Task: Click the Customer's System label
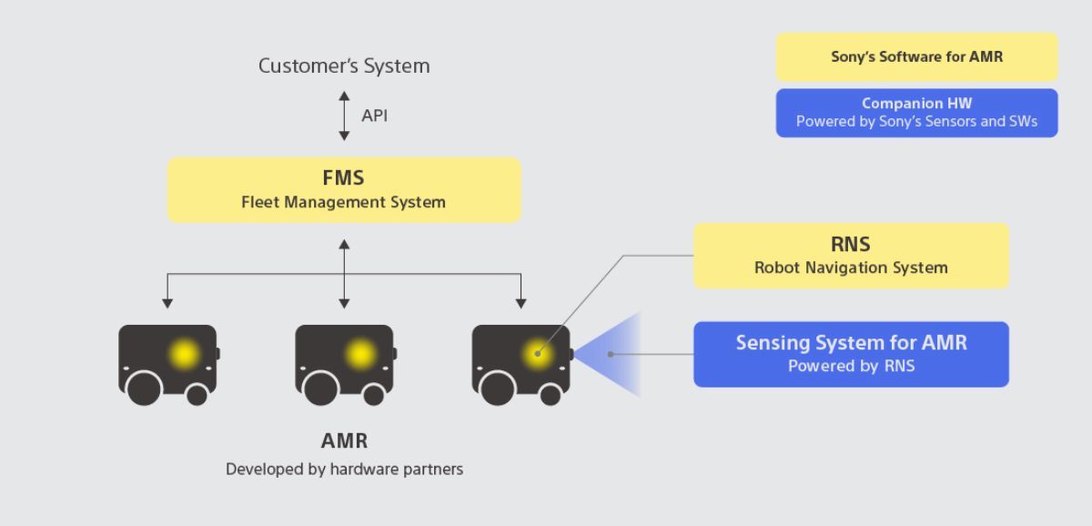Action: point(344,66)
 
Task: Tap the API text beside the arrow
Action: point(374,116)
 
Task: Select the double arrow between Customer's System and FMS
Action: point(344,116)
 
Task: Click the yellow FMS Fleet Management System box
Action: point(344,190)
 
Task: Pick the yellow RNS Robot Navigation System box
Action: point(851,256)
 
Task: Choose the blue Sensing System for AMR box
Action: point(851,354)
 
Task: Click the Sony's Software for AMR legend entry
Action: point(916,56)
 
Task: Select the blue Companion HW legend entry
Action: point(916,113)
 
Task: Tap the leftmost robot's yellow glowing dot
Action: point(185,354)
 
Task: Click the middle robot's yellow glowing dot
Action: point(361,354)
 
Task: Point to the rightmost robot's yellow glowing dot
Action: point(537,354)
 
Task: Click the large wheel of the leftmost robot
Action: point(145,389)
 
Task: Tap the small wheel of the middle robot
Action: point(373,394)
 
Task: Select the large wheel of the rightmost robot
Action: point(498,389)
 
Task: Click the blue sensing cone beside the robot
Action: point(619,354)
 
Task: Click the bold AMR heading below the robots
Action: point(344,441)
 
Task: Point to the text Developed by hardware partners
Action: point(344,470)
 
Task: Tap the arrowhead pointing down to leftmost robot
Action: point(167,303)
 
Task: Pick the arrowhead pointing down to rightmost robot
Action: point(521,303)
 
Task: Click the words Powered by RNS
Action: point(851,367)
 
